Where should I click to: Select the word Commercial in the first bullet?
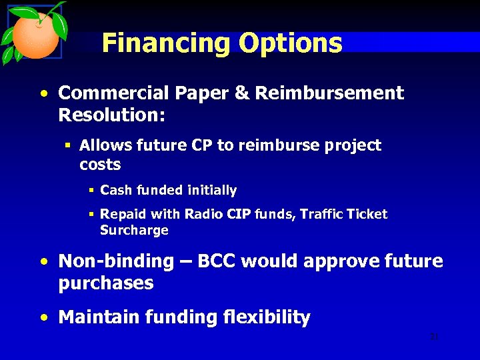coord(110,93)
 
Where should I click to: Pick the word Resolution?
coord(111,115)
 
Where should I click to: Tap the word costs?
coord(99,164)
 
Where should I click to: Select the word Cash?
coord(116,191)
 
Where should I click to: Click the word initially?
coord(211,191)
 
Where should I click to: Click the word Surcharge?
coord(134,231)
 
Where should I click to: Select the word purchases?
coord(106,283)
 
